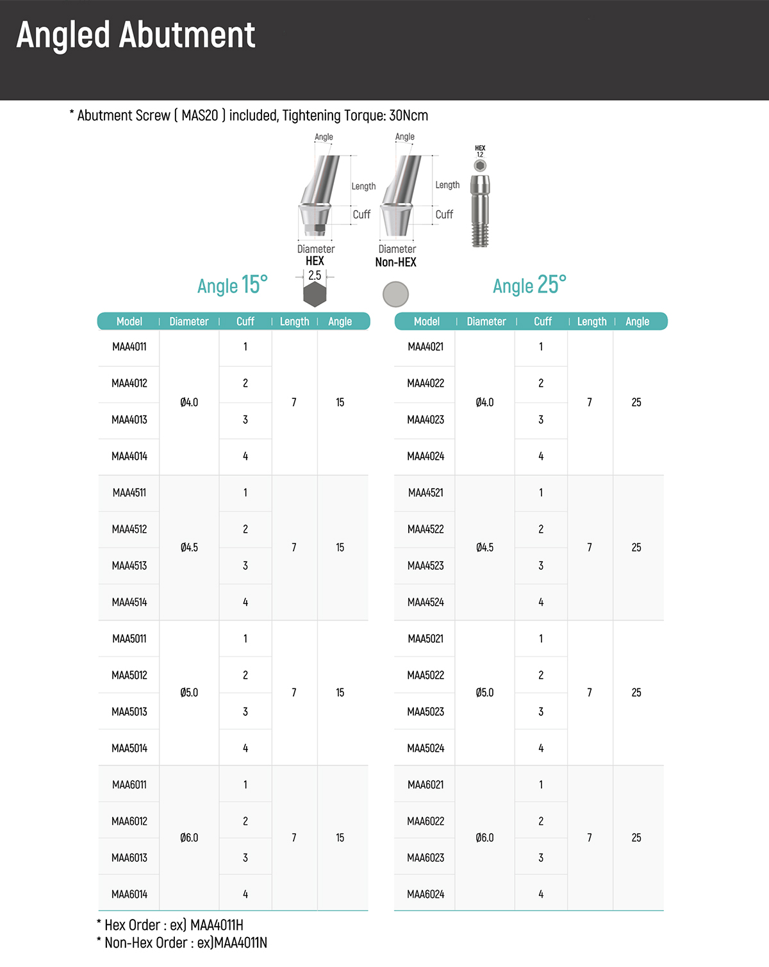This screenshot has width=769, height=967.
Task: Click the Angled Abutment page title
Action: pos(136,35)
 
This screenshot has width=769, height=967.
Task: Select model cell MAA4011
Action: pos(129,347)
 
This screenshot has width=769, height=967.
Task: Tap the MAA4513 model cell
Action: pos(129,566)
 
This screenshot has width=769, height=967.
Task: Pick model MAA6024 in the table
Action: pos(426,895)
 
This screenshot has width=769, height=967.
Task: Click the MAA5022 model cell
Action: pos(426,676)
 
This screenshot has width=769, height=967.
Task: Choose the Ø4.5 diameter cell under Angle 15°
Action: pos(189,548)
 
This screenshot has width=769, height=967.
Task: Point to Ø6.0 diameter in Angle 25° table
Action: pos(485,838)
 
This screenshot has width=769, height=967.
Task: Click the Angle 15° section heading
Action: pos(232,285)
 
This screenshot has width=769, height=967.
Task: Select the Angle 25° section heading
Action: pos(529,285)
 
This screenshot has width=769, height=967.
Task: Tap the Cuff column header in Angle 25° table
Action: pos(543,321)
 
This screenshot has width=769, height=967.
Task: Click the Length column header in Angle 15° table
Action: pos(294,321)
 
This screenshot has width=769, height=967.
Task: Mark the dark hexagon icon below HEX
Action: pos(315,295)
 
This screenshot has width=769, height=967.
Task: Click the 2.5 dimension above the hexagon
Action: pos(315,275)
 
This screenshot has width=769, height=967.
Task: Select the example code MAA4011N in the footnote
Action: pos(241,943)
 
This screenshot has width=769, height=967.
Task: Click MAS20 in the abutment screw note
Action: pos(199,116)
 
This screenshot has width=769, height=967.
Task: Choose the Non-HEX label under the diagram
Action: pos(395,263)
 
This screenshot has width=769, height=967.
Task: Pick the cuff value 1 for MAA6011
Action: pos(245,785)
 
